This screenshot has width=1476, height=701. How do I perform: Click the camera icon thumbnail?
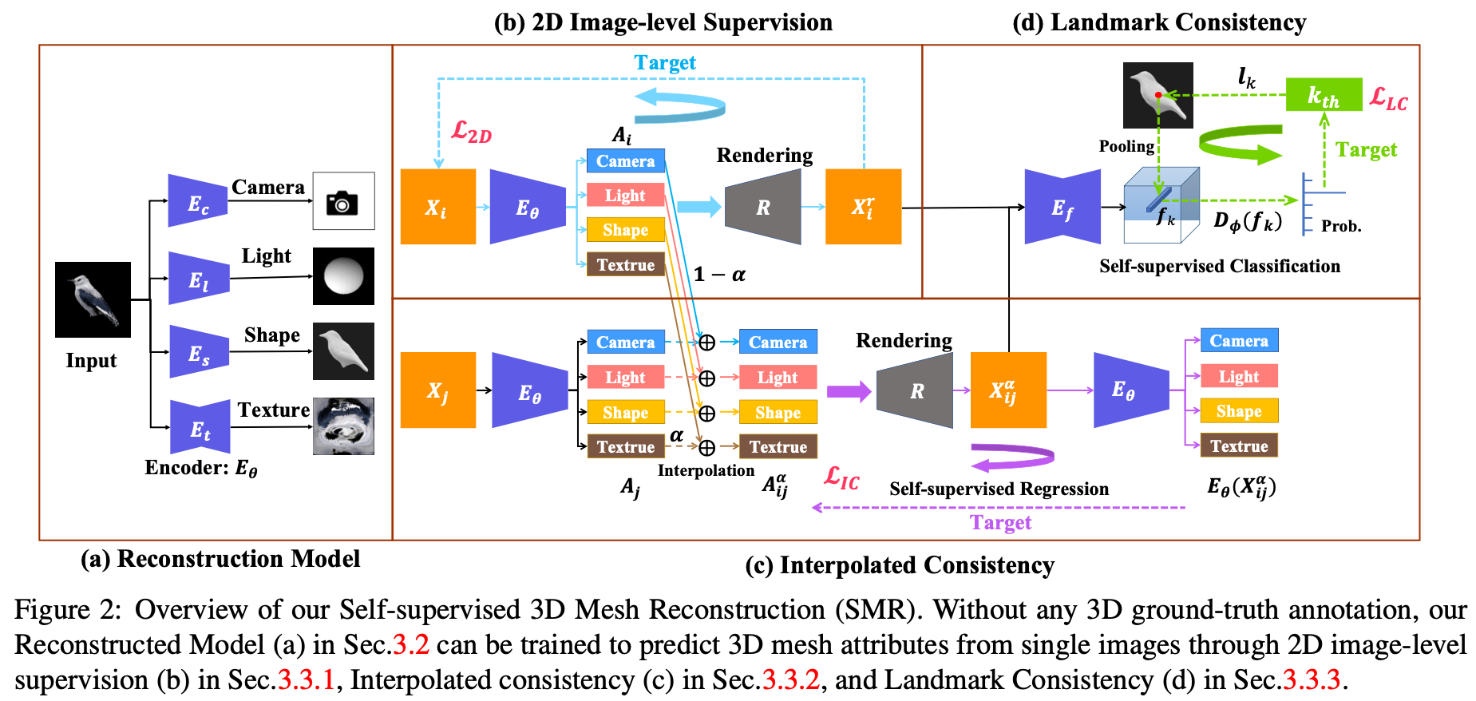click(343, 201)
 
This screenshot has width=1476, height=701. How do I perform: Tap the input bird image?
click(93, 299)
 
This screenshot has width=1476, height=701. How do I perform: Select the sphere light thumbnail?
click(343, 276)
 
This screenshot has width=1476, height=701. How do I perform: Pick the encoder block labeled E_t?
click(200, 427)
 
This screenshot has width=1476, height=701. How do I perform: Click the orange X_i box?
click(437, 207)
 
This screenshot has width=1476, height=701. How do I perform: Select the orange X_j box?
click(437, 390)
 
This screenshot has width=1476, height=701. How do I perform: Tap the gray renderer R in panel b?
click(762, 207)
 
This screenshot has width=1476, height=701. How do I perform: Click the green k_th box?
click(1323, 95)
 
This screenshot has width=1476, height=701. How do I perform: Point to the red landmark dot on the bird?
click(1158, 95)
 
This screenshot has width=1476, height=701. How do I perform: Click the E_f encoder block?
click(1062, 207)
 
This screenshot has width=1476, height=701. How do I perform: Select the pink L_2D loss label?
click(471, 132)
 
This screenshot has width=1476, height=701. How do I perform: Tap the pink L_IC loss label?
click(841, 478)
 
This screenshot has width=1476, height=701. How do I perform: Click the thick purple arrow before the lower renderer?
click(848, 391)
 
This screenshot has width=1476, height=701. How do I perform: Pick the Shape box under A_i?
click(625, 230)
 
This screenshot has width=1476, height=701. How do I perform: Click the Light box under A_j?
click(625, 377)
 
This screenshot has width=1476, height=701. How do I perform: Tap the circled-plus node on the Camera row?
click(706, 343)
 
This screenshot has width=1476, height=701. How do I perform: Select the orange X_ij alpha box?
click(1007, 390)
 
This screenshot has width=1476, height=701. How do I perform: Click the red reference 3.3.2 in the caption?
click(790, 680)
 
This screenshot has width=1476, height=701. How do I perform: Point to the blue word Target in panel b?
click(664, 62)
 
